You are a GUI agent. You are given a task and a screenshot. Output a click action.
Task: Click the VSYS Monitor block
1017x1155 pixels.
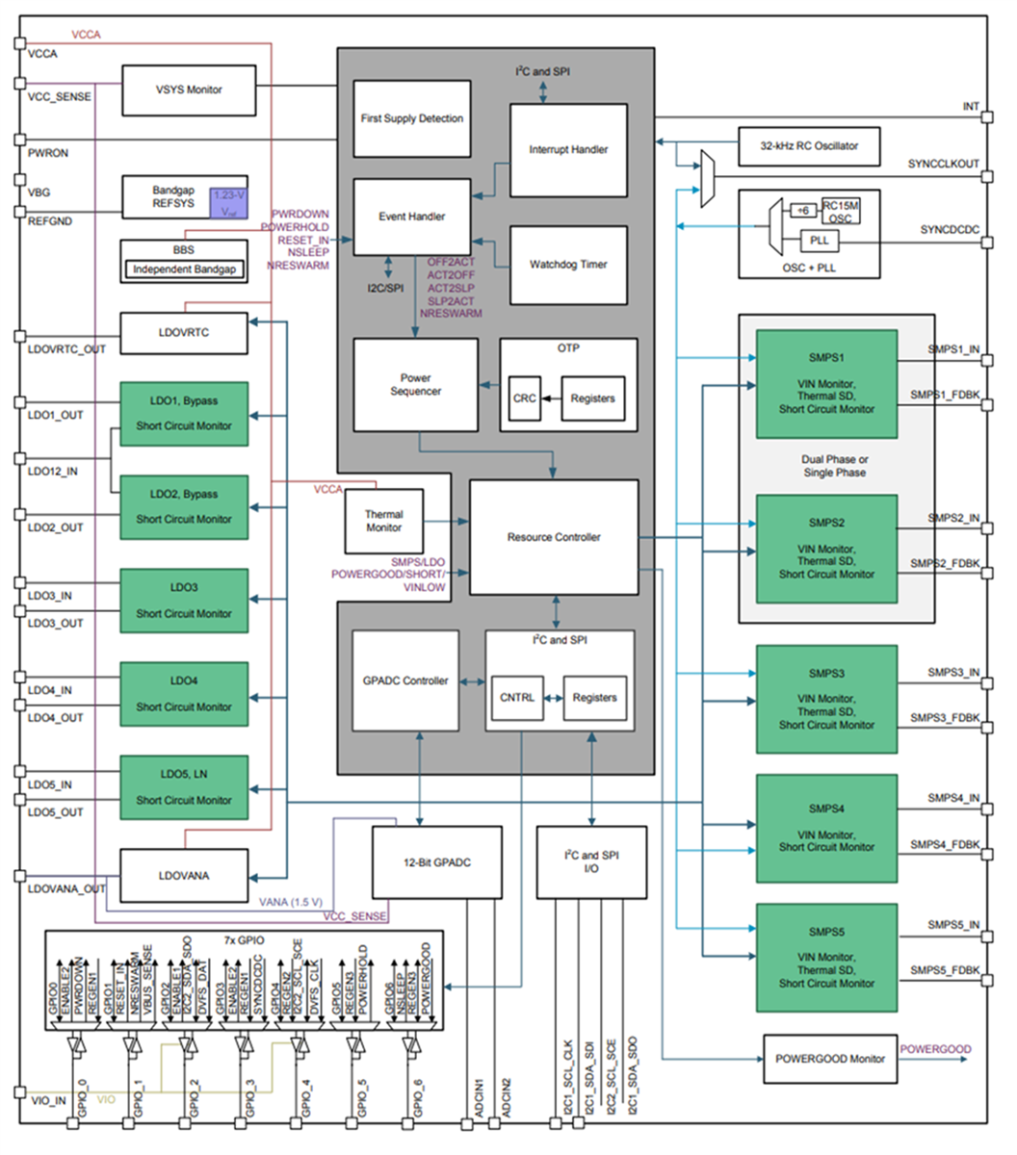[189, 90]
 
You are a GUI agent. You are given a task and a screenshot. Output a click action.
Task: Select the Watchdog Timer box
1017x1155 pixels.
[568, 265]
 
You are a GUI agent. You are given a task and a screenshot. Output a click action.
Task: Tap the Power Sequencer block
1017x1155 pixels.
[415, 385]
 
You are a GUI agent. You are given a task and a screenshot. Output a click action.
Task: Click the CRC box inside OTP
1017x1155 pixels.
[524, 398]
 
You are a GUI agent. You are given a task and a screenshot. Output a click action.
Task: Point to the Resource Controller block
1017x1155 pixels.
[554, 537]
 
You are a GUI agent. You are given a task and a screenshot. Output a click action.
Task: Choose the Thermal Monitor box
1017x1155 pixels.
[383, 521]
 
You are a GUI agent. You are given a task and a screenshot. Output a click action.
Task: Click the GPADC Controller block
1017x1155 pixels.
[404, 680]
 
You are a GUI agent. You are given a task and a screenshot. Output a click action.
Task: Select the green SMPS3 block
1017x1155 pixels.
[826, 699]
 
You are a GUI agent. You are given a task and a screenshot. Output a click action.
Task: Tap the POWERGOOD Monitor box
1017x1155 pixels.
[829, 1059]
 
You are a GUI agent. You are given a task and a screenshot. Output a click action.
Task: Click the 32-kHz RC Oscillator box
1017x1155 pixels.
[809, 145]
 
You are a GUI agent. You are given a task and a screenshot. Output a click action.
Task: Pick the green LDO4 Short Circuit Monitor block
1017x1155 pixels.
[183, 694]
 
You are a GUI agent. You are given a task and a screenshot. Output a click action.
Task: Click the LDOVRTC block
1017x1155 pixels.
[183, 333]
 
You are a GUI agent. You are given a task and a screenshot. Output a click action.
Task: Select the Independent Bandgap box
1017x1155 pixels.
[183, 269]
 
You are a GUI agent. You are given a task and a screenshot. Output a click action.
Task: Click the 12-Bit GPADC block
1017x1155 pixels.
[436, 862]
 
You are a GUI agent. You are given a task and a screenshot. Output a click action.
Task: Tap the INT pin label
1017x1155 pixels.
[971, 107]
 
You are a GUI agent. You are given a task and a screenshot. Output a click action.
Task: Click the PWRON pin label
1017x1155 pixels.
[48, 153]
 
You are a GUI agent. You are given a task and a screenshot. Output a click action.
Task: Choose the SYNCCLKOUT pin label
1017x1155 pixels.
[943, 165]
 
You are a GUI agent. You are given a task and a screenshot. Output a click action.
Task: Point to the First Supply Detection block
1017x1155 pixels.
[412, 118]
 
